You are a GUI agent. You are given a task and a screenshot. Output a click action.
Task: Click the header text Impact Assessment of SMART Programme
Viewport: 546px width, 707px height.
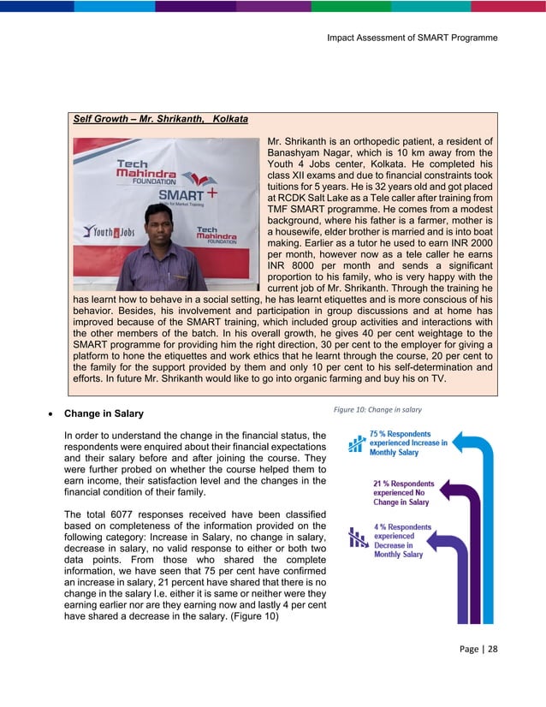click(412, 38)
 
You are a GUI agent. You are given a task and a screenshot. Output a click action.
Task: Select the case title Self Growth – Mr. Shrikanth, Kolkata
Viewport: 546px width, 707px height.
click(160, 119)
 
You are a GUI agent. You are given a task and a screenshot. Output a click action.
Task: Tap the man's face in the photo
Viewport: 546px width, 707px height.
click(159, 222)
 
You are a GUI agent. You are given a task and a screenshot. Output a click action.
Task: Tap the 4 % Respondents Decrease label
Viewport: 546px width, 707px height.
click(401, 540)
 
